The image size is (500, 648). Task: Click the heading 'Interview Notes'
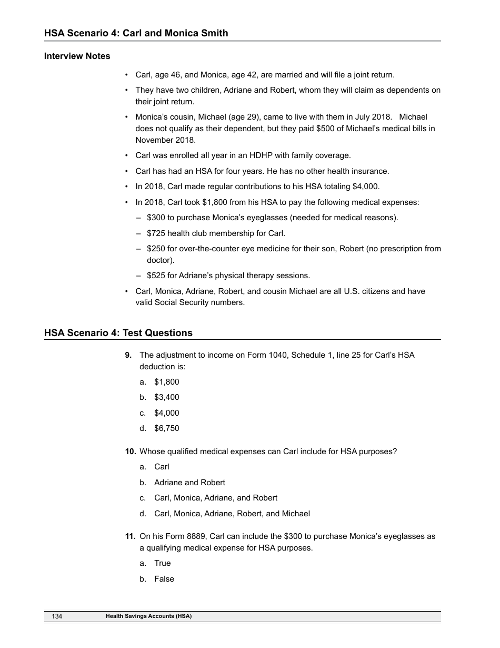(x=77, y=56)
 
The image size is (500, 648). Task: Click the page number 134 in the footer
(x=57, y=616)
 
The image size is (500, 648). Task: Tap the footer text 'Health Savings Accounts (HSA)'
(x=148, y=616)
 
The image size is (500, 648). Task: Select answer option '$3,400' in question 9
(x=166, y=397)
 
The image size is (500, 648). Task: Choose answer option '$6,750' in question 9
(x=166, y=428)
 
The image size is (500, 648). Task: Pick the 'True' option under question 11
(x=162, y=563)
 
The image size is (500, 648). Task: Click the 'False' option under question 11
(x=164, y=579)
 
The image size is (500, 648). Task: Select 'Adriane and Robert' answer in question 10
(x=189, y=483)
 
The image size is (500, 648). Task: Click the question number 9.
(x=128, y=355)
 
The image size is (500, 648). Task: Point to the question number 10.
(x=131, y=451)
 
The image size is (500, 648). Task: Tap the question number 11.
(x=131, y=536)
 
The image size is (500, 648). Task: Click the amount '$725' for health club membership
(x=156, y=233)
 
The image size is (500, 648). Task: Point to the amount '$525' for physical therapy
(x=156, y=276)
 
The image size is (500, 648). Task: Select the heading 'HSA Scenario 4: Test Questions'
(x=118, y=333)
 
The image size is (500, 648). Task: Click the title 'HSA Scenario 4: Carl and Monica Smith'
(x=136, y=33)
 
